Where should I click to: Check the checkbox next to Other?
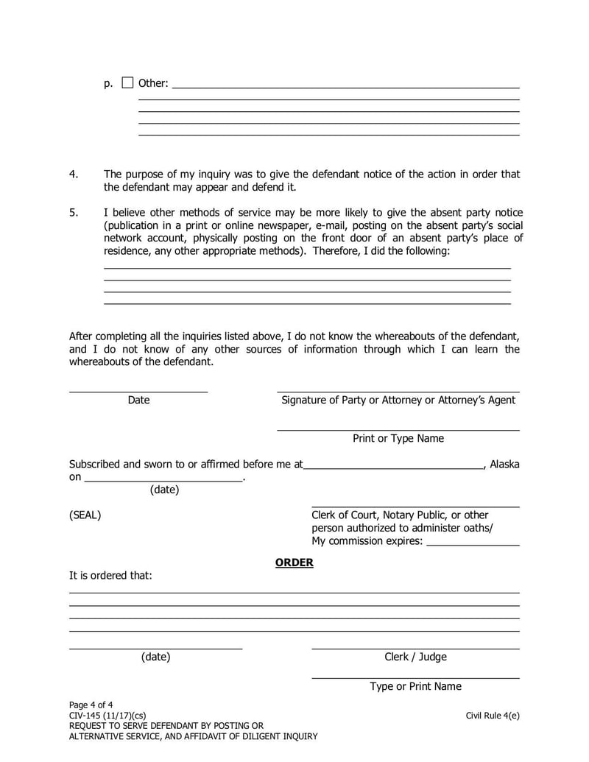point(127,83)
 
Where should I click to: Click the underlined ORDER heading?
point(294,562)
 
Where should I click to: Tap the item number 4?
point(73,174)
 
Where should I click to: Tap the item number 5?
point(73,213)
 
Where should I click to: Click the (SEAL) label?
point(85,515)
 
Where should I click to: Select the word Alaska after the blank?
point(504,465)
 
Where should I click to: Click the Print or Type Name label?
point(398,439)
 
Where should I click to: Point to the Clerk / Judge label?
point(415,657)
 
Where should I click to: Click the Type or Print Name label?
point(415,686)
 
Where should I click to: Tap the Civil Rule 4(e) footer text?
point(493,716)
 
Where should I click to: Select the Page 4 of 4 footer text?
point(91,705)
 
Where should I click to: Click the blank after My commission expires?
point(473,542)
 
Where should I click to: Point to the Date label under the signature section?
point(138,401)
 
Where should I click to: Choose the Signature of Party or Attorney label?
point(398,401)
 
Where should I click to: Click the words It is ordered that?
point(110,576)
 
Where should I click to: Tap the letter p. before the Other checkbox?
point(108,84)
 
